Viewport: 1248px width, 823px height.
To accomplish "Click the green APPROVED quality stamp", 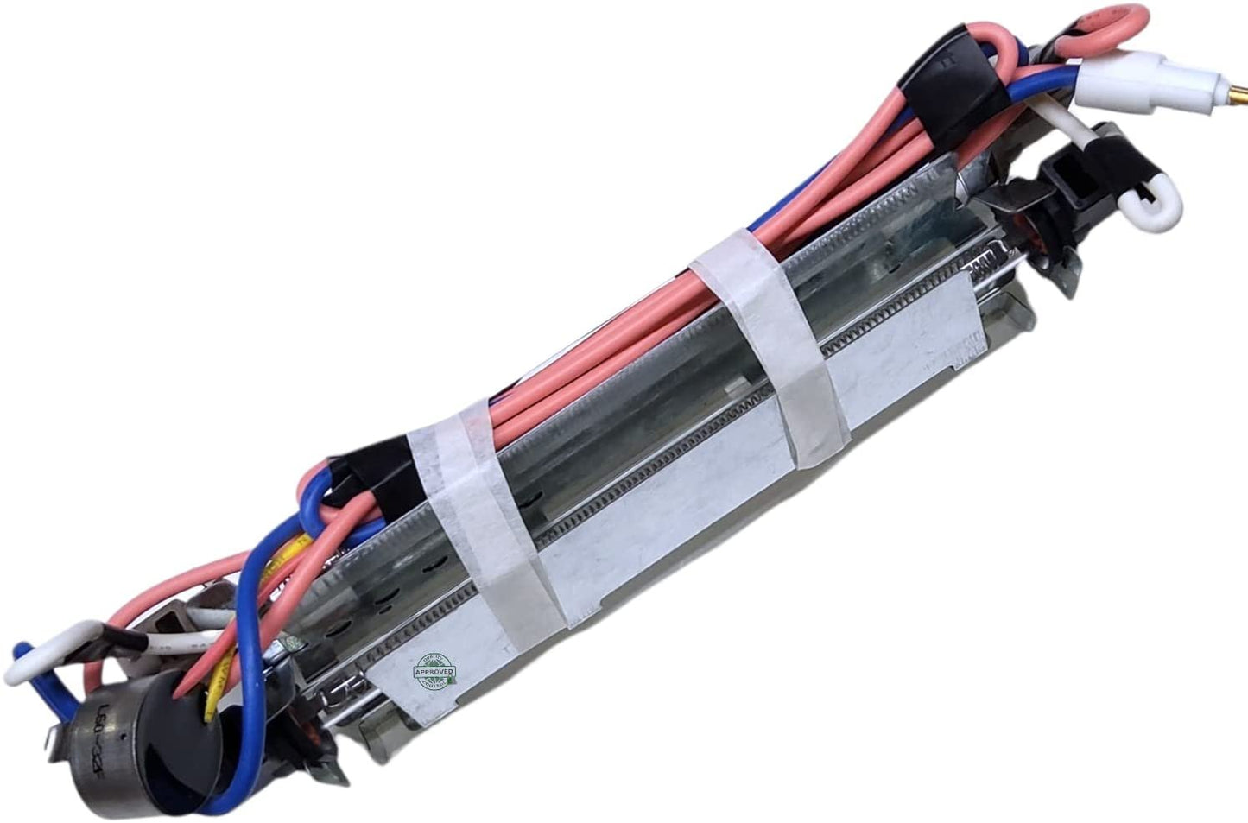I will pos(435,671).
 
